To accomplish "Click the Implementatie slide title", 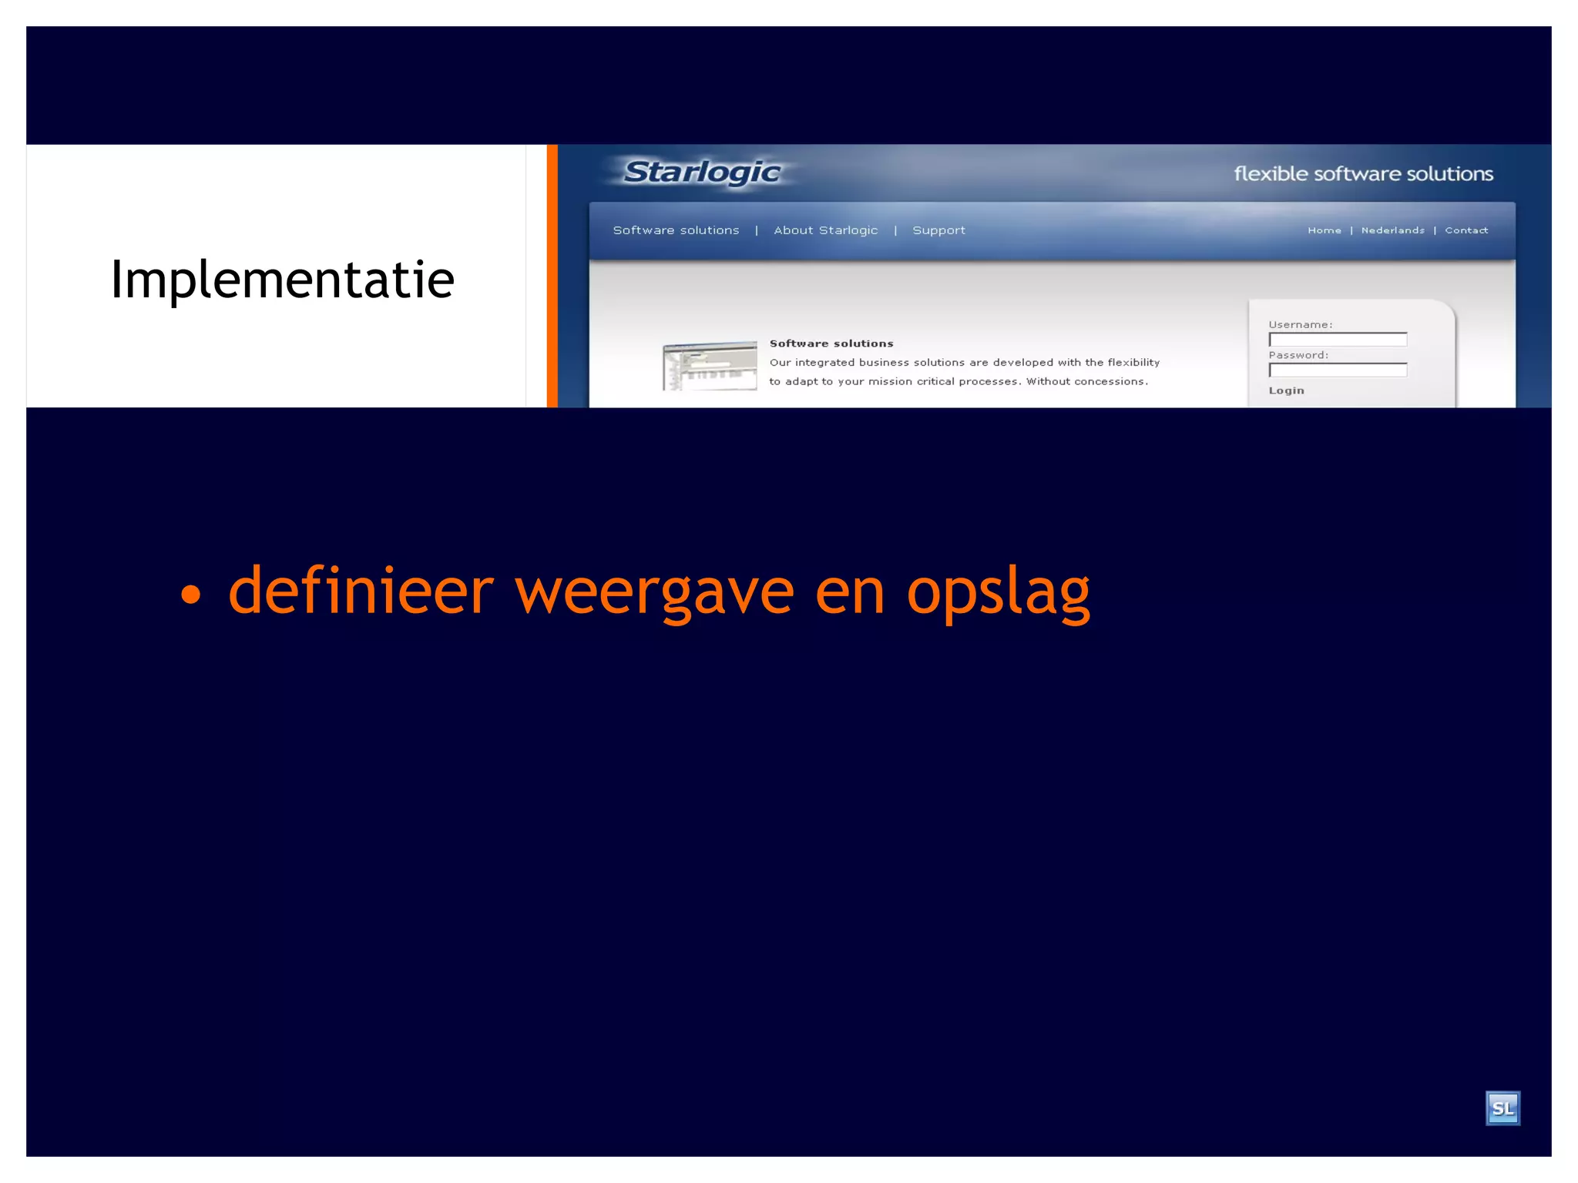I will tap(282, 280).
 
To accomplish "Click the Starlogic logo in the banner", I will tap(701, 173).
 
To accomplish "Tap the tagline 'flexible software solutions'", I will tap(1362, 174).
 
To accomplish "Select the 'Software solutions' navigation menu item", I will tap(676, 230).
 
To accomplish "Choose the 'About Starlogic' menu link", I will tap(825, 230).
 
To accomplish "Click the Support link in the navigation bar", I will tap(938, 230).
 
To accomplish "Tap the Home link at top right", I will tap(1324, 230).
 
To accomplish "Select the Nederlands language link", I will tap(1392, 230).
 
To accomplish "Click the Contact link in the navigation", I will tap(1466, 230).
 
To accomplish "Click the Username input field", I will tap(1338, 340).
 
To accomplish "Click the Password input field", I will tap(1338, 370).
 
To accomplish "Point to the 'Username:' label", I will tap(1300, 325).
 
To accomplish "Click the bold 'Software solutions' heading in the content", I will tap(831, 344).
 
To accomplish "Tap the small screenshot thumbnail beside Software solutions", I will tap(710, 366).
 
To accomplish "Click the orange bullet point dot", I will tap(190, 594).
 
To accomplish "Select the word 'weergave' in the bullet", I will tap(654, 591).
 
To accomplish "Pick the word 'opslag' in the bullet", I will tap(998, 591).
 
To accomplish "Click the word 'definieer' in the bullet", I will tap(361, 590).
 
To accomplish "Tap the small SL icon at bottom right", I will tap(1502, 1108).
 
